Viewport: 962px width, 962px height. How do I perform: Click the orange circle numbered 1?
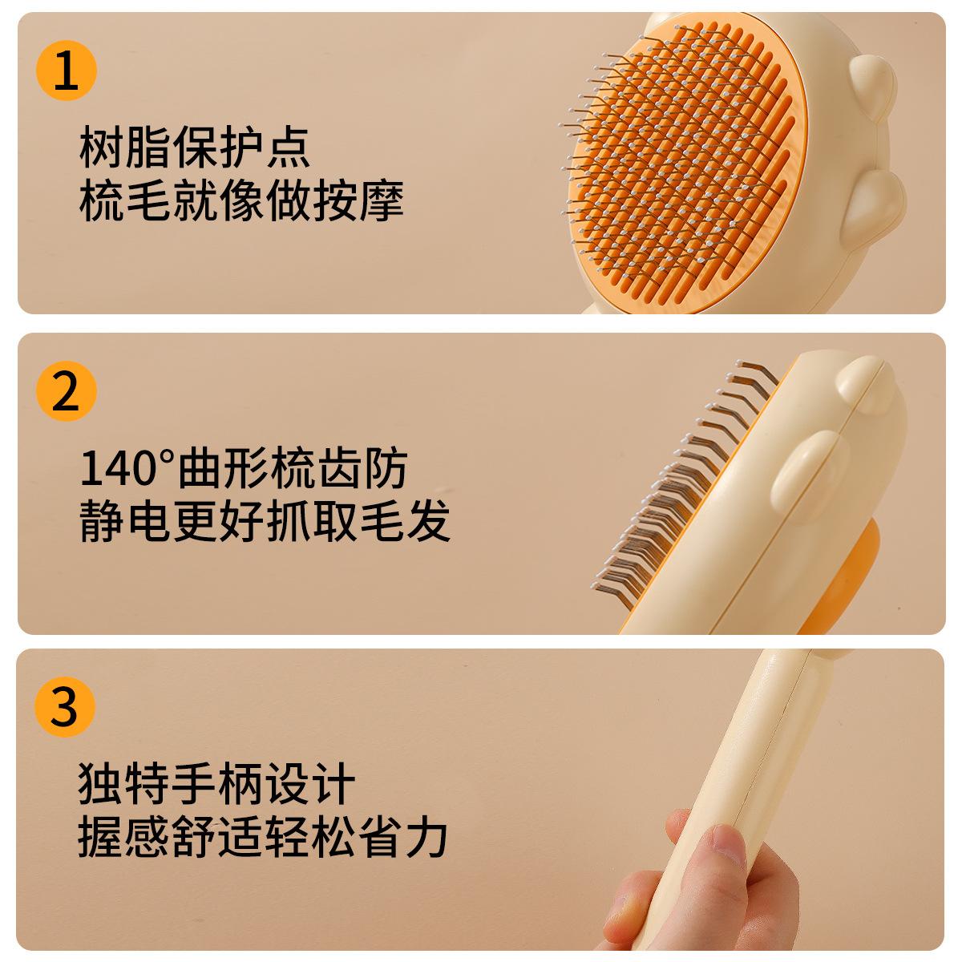coord(66,71)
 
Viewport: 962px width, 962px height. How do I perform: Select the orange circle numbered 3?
coord(66,708)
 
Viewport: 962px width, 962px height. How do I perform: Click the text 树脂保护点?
coord(195,148)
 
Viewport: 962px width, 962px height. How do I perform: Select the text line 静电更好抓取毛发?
coord(265,522)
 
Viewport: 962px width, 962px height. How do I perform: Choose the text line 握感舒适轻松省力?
coord(262,838)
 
